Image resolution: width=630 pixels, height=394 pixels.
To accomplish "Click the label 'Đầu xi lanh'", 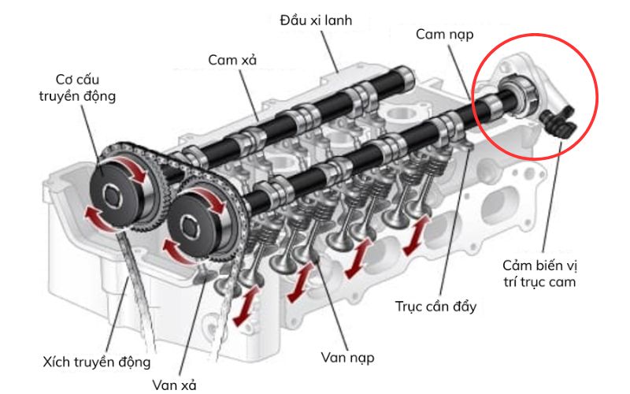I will (315, 19).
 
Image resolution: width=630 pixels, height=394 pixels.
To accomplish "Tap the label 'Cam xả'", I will (234, 60).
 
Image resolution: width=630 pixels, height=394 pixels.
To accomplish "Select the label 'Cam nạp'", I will (445, 35).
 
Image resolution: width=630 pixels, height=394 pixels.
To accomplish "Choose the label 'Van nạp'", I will (346, 358).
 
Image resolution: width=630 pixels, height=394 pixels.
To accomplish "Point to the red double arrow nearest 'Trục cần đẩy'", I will (416, 235).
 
